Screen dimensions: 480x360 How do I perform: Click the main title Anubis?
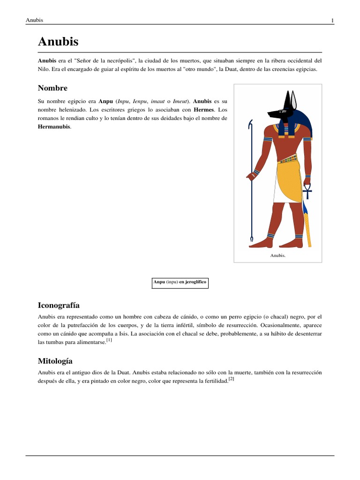(58, 42)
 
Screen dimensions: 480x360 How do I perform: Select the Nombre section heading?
(52, 88)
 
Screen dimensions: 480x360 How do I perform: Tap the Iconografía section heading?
(59, 305)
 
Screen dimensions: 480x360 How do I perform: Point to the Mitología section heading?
(55, 361)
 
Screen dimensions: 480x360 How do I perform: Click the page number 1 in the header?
(332, 20)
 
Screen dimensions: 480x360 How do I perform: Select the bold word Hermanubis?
(54, 127)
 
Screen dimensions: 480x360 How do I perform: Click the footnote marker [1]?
(109, 340)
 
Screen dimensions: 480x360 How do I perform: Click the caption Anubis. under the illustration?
(277, 255)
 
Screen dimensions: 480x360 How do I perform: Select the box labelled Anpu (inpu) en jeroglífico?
(180, 283)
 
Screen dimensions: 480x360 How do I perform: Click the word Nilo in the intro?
(43, 69)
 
